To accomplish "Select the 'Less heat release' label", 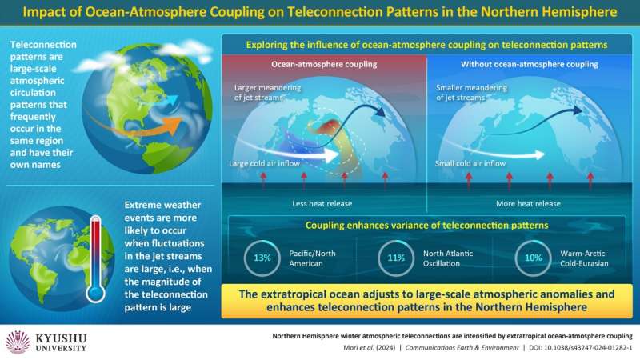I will click(322, 203).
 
